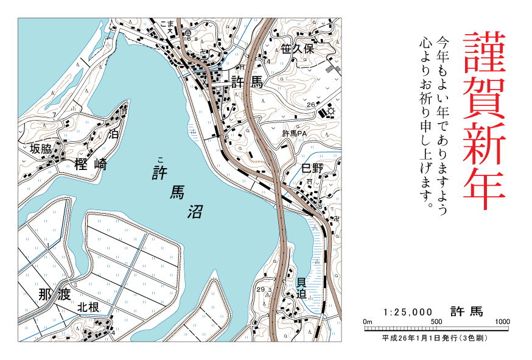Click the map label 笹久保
pyautogui.click(x=297, y=49)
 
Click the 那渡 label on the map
pyautogui.click(x=54, y=295)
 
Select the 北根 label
pyautogui.click(x=88, y=308)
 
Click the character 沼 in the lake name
pyautogui.click(x=195, y=211)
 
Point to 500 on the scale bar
pyautogui.click(x=436, y=322)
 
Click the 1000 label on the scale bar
pyautogui.click(x=502, y=322)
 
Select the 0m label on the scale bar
pyautogui.click(x=367, y=322)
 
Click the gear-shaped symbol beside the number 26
pyautogui.click(x=331, y=111)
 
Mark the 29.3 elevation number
pyautogui.click(x=265, y=289)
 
